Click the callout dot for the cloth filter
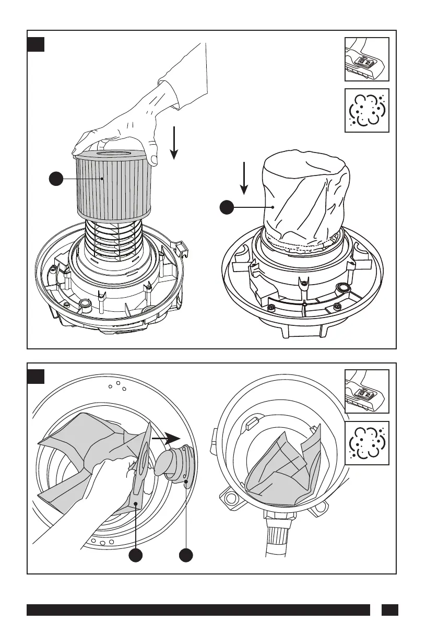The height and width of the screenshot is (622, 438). (226, 208)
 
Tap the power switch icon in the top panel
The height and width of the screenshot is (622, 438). (366, 59)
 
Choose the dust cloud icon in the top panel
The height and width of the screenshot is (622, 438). (366, 110)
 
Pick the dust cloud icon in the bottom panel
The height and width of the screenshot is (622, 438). (366, 443)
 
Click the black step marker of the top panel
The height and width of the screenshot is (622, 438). (36, 44)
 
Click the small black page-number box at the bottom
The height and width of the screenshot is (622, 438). (389, 610)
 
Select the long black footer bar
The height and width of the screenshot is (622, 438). (198, 610)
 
